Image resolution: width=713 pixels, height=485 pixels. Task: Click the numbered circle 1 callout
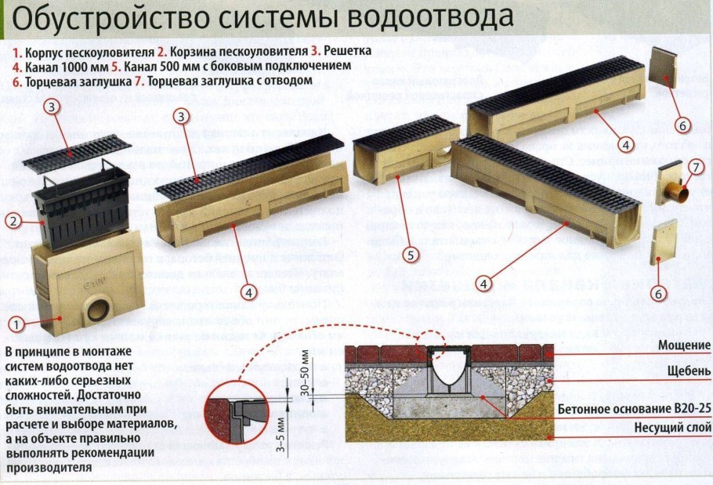(x=14, y=321)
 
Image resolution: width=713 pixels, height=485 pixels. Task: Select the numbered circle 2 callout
(x=13, y=221)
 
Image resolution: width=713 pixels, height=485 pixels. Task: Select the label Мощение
(x=684, y=345)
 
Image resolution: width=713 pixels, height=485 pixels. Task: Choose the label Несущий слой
(x=672, y=428)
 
